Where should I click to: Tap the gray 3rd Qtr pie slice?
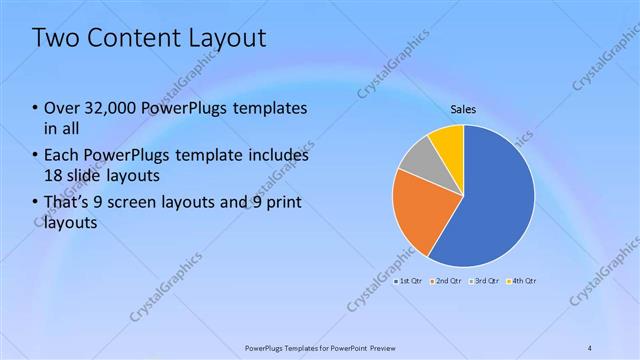pyautogui.click(x=418, y=157)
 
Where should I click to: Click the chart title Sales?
pyautogui.click(x=462, y=110)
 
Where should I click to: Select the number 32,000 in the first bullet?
pyautogui.click(x=109, y=107)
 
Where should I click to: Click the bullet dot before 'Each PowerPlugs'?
pyautogui.click(x=36, y=156)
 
